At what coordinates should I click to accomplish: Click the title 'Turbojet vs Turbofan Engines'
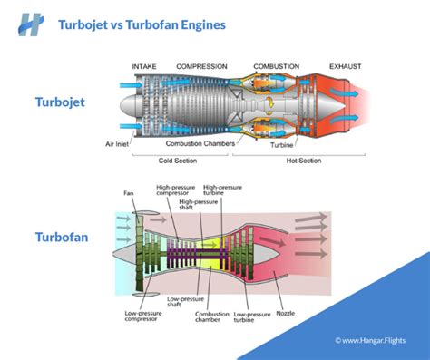142,24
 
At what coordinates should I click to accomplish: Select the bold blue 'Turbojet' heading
60,102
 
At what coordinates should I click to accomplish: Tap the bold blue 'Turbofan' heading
62,238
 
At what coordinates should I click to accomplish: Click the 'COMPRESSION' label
202,66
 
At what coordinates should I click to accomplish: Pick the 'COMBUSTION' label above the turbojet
276,66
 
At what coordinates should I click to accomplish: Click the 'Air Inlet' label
121,142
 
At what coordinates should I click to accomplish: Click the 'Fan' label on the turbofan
131,192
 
